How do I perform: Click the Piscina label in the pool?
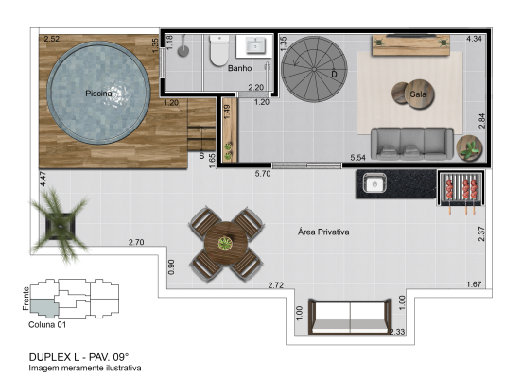coord(98,94)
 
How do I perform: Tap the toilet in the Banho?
coord(219,51)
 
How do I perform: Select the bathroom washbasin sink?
coord(255,46)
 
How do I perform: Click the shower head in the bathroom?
coord(183,51)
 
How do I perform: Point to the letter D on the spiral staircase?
coord(334,75)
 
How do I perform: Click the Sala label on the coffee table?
coord(418,94)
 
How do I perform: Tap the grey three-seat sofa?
coord(411,144)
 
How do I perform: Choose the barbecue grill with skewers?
coord(461,190)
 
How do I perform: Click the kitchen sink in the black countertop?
coord(374,183)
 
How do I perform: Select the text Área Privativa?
coord(323,232)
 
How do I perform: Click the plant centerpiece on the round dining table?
coord(226,244)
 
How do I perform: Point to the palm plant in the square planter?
coord(60,225)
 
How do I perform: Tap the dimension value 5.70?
coord(263,174)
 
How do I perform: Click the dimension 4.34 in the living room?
coord(474,39)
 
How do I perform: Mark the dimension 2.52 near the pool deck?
coord(52,39)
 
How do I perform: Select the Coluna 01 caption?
coord(47,325)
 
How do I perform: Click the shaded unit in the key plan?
coord(43,307)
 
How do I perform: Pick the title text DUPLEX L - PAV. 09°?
coord(78,357)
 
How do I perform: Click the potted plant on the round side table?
coord(469,148)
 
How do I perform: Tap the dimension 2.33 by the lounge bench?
coord(397,332)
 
